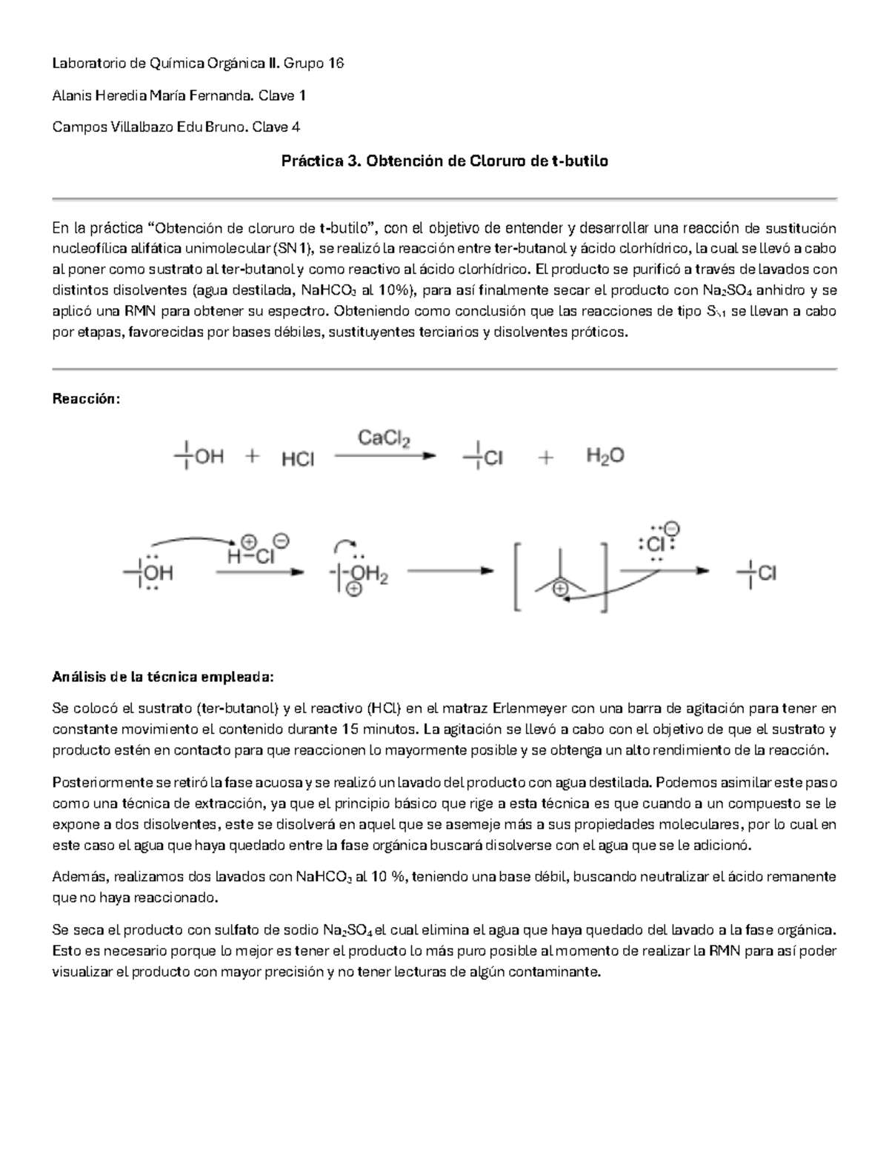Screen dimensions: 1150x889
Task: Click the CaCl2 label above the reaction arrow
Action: click(x=384, y=438)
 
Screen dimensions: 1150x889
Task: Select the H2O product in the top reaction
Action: click(x=605, y=455)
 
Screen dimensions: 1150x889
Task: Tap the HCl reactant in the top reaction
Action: click(x=298, y=460)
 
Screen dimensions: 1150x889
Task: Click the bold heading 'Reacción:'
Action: click(x=85, y=399)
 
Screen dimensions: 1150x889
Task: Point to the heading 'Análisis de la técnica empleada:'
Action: click(x=162, y=677)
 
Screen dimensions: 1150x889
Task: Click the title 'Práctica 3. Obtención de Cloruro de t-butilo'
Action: click(x=444, y=161)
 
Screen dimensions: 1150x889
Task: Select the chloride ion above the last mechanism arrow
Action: click(x=653, y=544)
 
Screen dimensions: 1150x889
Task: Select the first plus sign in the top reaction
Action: click(x=253, y=458)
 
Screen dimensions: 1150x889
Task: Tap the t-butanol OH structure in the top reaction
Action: click(x=199, y=457)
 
